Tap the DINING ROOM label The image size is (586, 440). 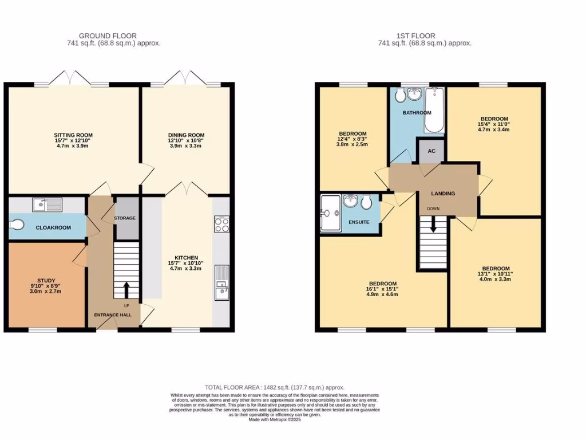click(x=179, y=134)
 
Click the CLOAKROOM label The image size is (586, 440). click(x=53, y=227)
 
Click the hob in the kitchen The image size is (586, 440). click(x=221, y=224)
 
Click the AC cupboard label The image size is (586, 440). click(x=432, y=151)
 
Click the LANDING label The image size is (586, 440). click(x=443, y=194)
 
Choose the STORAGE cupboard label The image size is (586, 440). click(x=124, y=218)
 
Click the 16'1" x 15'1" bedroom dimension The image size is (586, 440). click(x=382, y=289)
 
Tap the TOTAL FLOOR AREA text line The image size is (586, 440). click(x=275, y=388)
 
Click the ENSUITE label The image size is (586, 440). click(x=359, y=222)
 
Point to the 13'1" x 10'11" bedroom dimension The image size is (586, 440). click(x=495, y=274)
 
